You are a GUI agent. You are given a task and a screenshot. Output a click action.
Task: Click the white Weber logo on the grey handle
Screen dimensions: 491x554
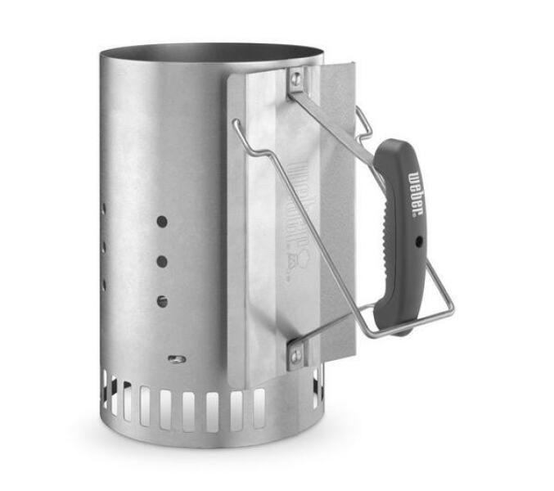point(415,196)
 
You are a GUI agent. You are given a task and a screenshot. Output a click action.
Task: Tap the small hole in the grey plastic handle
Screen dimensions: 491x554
point(417,242)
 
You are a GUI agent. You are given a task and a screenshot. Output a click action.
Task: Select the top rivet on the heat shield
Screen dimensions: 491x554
point(295,78)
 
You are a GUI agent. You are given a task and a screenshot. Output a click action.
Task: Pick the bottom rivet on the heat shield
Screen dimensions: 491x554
point(295,354)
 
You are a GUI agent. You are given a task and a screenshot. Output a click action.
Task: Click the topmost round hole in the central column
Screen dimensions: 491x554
point(162,222)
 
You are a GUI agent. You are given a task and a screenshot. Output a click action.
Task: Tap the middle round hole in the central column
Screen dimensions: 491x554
point(162,262)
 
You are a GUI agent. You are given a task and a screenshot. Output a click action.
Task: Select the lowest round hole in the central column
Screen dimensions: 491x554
point(162,300)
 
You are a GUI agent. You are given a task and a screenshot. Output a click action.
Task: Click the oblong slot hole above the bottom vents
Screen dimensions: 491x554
point(173,358)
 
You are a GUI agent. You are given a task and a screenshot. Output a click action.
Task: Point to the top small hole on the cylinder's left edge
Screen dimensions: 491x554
point(104,209)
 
